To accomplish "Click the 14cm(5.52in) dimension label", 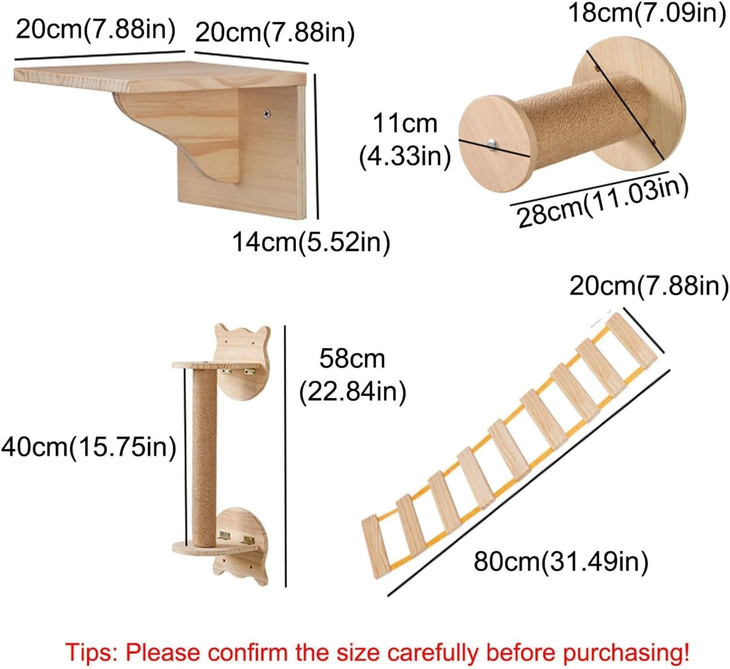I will click(x=311, y=242).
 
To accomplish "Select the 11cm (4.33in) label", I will click(x=405, y=140).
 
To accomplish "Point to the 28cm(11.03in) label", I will click(x=603, y=202).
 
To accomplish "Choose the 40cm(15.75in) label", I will click(x=89, y=446).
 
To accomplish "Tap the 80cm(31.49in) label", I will click(x=561, y=561).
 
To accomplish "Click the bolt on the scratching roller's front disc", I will click(x=492, y=145).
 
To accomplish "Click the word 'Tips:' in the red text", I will click(x=90, y=653).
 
